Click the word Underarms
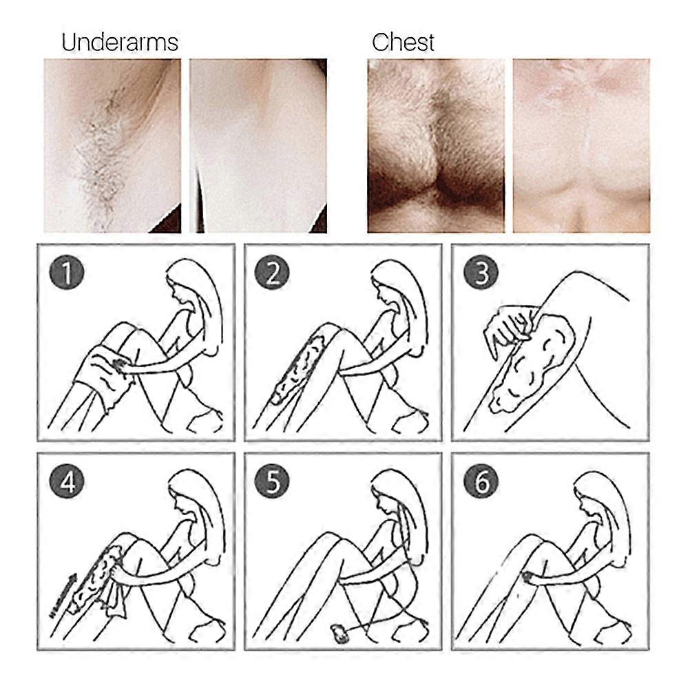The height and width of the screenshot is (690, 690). click(x=120, y=43)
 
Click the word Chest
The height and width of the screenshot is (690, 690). click(x=403, y=43)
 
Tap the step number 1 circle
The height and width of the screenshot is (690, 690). click(x=66, y=273)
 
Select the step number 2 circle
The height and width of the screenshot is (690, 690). click(x=272, y=273)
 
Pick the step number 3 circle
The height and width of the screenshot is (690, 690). click(x=481, y=273)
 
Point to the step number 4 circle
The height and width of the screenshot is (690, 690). click(x=66, y=481)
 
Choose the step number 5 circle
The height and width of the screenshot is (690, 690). click(x=272, y=481)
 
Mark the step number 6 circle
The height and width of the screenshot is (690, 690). click(x=481, y=481)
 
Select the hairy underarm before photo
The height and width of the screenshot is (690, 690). click(x=112, y=146)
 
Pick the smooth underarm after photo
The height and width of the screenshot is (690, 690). click(x=258, y=146)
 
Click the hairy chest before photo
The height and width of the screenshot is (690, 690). click(x=436, y=146)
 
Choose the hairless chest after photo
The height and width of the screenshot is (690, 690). click(x=582, y=146)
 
